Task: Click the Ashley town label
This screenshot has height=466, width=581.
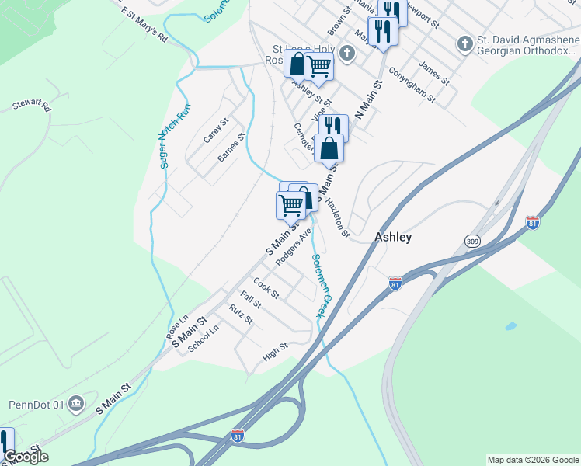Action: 393,238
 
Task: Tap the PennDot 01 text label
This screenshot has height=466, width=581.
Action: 37,405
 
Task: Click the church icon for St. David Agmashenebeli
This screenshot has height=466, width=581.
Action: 465,42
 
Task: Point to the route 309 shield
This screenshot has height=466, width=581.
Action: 472,242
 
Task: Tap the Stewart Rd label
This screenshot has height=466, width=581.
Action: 32,106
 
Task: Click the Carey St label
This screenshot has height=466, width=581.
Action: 216,130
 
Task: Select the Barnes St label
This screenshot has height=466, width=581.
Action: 231,147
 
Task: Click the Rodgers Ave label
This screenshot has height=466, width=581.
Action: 294,246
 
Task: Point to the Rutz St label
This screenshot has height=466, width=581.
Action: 241,314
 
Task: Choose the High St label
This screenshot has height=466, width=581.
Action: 275,353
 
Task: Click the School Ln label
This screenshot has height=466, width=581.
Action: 204,339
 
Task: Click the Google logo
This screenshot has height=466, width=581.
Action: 26,457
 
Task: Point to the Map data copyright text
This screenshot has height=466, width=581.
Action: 532,460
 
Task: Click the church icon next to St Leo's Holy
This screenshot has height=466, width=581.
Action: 348,54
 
